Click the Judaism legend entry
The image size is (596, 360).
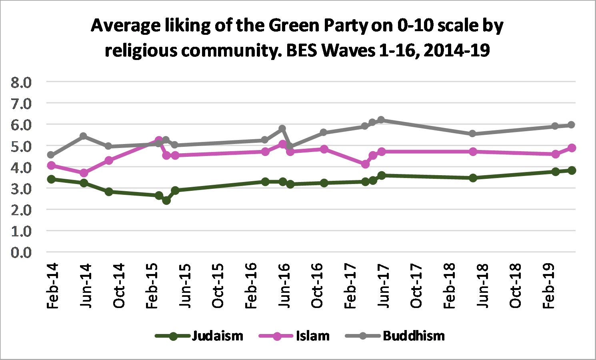217,336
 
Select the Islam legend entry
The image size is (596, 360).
312,336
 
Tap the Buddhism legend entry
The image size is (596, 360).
414,336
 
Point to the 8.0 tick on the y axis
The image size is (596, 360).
21,83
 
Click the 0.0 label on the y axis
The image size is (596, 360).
21,252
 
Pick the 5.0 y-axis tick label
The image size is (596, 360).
21,146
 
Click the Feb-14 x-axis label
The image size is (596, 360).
52,286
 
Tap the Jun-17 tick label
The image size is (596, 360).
383,286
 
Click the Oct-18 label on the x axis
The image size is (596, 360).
516,286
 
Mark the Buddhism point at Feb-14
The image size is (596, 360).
51,155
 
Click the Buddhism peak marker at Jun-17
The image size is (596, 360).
381,120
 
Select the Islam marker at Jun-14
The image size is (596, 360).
84,173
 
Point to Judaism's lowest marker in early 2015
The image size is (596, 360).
166,200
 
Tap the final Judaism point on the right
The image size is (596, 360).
572,170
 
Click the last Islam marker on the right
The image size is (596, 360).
572,148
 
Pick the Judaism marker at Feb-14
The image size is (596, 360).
51,179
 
